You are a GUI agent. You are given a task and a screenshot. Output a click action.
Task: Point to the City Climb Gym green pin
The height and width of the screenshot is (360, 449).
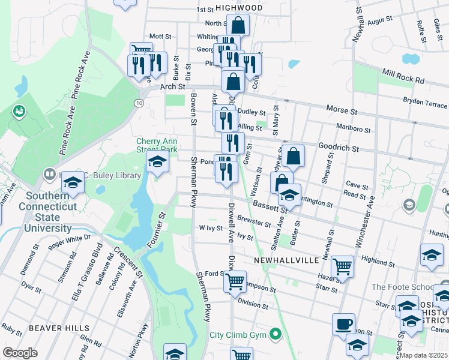[276, 333]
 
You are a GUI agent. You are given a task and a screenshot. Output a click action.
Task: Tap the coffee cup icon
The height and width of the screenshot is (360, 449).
[343, 324]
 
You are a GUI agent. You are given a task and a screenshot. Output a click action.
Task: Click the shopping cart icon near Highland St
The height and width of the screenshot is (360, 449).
[342, 266]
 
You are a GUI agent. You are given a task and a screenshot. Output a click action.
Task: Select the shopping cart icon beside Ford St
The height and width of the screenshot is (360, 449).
[235, 280]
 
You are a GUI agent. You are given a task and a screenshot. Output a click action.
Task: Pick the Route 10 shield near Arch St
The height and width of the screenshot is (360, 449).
[139, 103]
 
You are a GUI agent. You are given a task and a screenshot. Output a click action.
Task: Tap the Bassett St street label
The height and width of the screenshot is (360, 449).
[270, 206]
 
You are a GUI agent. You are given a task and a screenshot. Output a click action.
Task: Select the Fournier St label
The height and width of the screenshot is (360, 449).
[155, 230]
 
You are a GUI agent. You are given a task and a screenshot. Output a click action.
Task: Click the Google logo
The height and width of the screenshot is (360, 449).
[20, 352]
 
